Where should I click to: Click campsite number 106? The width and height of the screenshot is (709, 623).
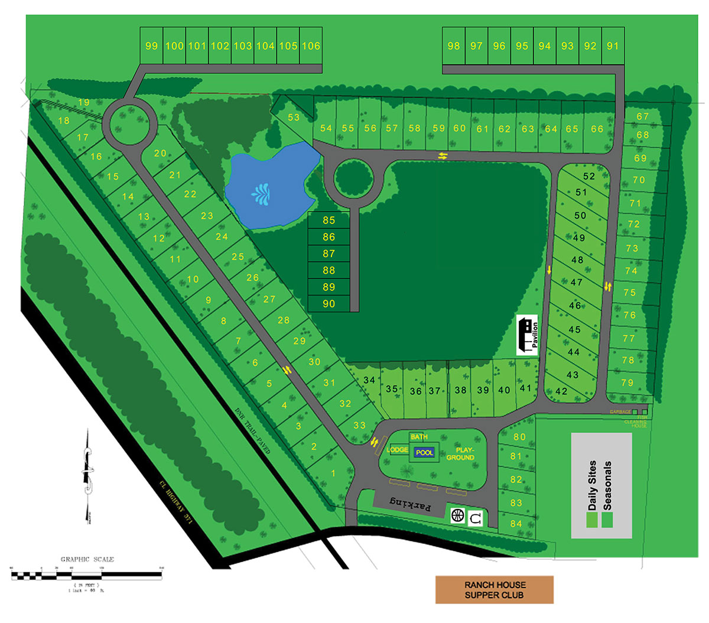tap(311, 46)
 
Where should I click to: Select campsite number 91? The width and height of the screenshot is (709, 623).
tap(613, 46)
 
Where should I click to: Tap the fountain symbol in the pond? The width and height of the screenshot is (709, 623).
tap(260, 193)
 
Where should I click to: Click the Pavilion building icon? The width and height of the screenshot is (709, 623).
tap(527, 335)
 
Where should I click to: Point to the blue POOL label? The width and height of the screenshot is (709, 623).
tap(425, 452)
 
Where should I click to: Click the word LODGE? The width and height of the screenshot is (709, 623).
tap(397, 450)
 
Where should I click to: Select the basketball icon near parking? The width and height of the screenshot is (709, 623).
tap(458, 515)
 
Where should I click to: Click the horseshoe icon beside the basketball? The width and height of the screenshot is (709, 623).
tap(476, 518)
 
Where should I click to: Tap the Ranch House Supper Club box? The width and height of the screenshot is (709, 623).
tap(494, 590)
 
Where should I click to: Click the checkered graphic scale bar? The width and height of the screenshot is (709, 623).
tap(87, 573)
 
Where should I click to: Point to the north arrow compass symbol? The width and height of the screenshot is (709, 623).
tap(89, 473)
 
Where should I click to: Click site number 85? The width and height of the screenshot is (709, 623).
tap(329, 220)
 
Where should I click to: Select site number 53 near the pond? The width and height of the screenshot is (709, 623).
tap(294, 117)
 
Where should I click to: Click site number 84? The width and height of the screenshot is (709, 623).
tap(516, 523)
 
